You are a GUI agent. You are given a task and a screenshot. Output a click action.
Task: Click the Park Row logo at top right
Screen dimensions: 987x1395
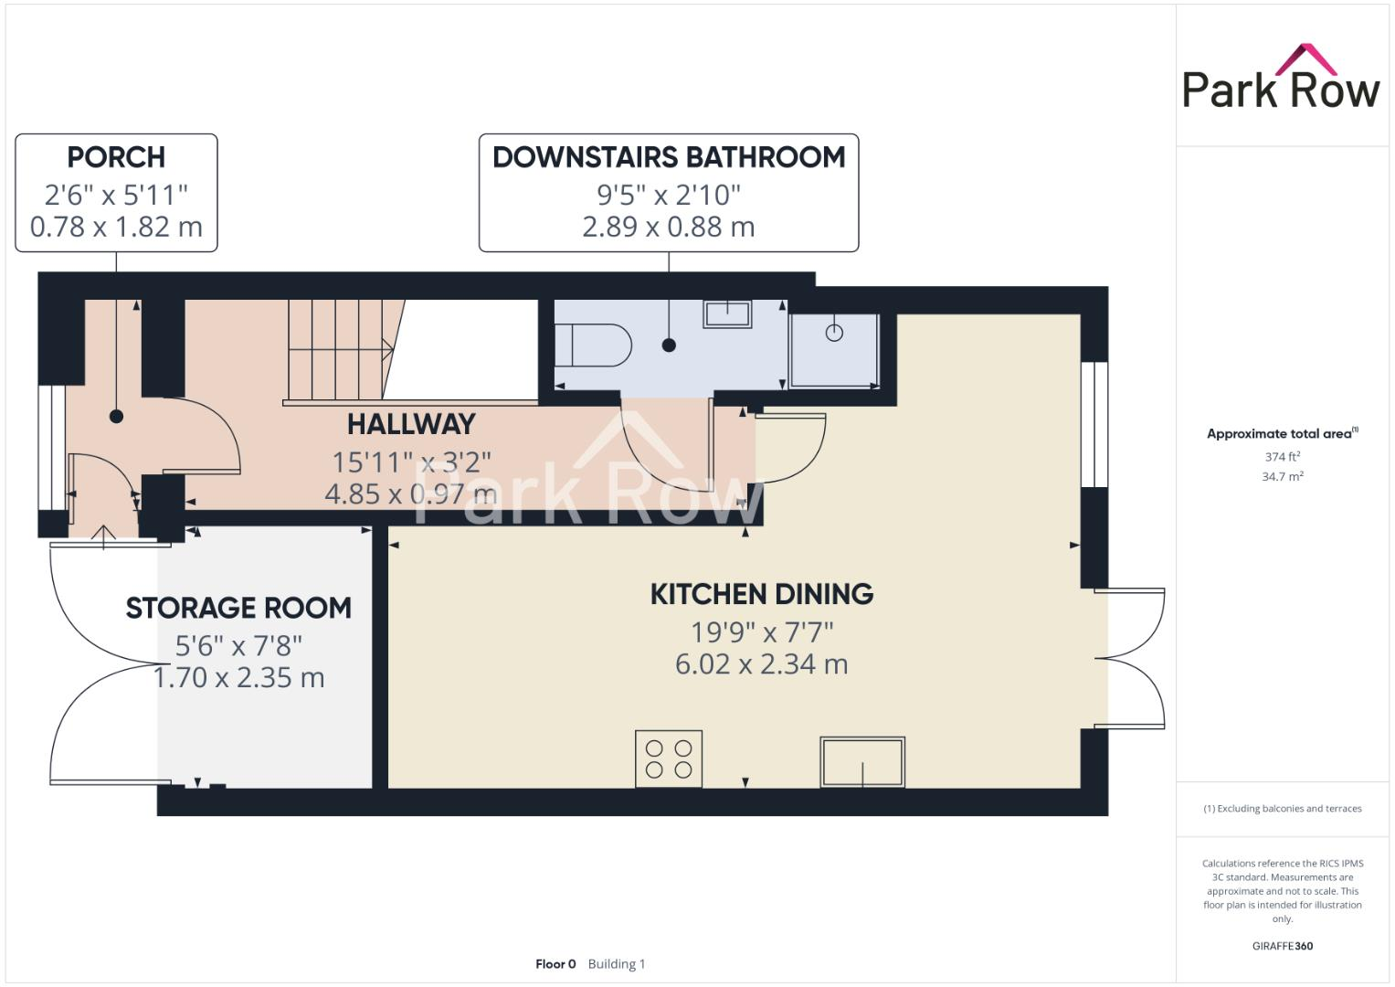1280,80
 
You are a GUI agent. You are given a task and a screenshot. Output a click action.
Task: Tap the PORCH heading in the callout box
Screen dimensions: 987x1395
116,157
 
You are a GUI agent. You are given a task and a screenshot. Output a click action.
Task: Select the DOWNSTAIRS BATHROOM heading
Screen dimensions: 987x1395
669,157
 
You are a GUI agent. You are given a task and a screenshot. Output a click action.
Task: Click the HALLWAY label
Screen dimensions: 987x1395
411,424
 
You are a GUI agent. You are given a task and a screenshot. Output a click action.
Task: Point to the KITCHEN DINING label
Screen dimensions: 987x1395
761,594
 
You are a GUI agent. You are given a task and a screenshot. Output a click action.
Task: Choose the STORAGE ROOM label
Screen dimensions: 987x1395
238,608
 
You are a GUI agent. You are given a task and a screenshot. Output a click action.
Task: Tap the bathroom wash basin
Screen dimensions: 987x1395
726,314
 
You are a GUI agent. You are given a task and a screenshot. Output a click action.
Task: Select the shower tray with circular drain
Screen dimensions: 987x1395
834,350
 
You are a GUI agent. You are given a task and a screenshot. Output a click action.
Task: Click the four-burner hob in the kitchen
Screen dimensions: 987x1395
669,759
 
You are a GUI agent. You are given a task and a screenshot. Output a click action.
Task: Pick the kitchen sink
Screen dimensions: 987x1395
862,762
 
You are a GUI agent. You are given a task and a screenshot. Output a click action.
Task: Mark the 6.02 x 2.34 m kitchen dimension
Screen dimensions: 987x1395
761,663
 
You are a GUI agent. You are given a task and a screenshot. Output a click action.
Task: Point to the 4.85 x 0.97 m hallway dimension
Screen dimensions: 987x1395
411,493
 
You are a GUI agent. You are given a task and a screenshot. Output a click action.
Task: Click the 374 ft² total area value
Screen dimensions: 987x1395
1282,456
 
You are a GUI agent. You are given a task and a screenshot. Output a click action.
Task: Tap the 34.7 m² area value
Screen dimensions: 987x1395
1282,476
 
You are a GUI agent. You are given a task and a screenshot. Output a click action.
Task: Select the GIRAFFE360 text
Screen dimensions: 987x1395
1282,946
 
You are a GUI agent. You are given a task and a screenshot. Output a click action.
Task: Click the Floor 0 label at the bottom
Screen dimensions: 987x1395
555,964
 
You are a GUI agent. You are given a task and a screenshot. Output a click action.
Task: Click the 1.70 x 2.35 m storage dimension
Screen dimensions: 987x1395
238,677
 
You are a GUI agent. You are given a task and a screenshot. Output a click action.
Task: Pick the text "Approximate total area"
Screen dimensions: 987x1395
1278,434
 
